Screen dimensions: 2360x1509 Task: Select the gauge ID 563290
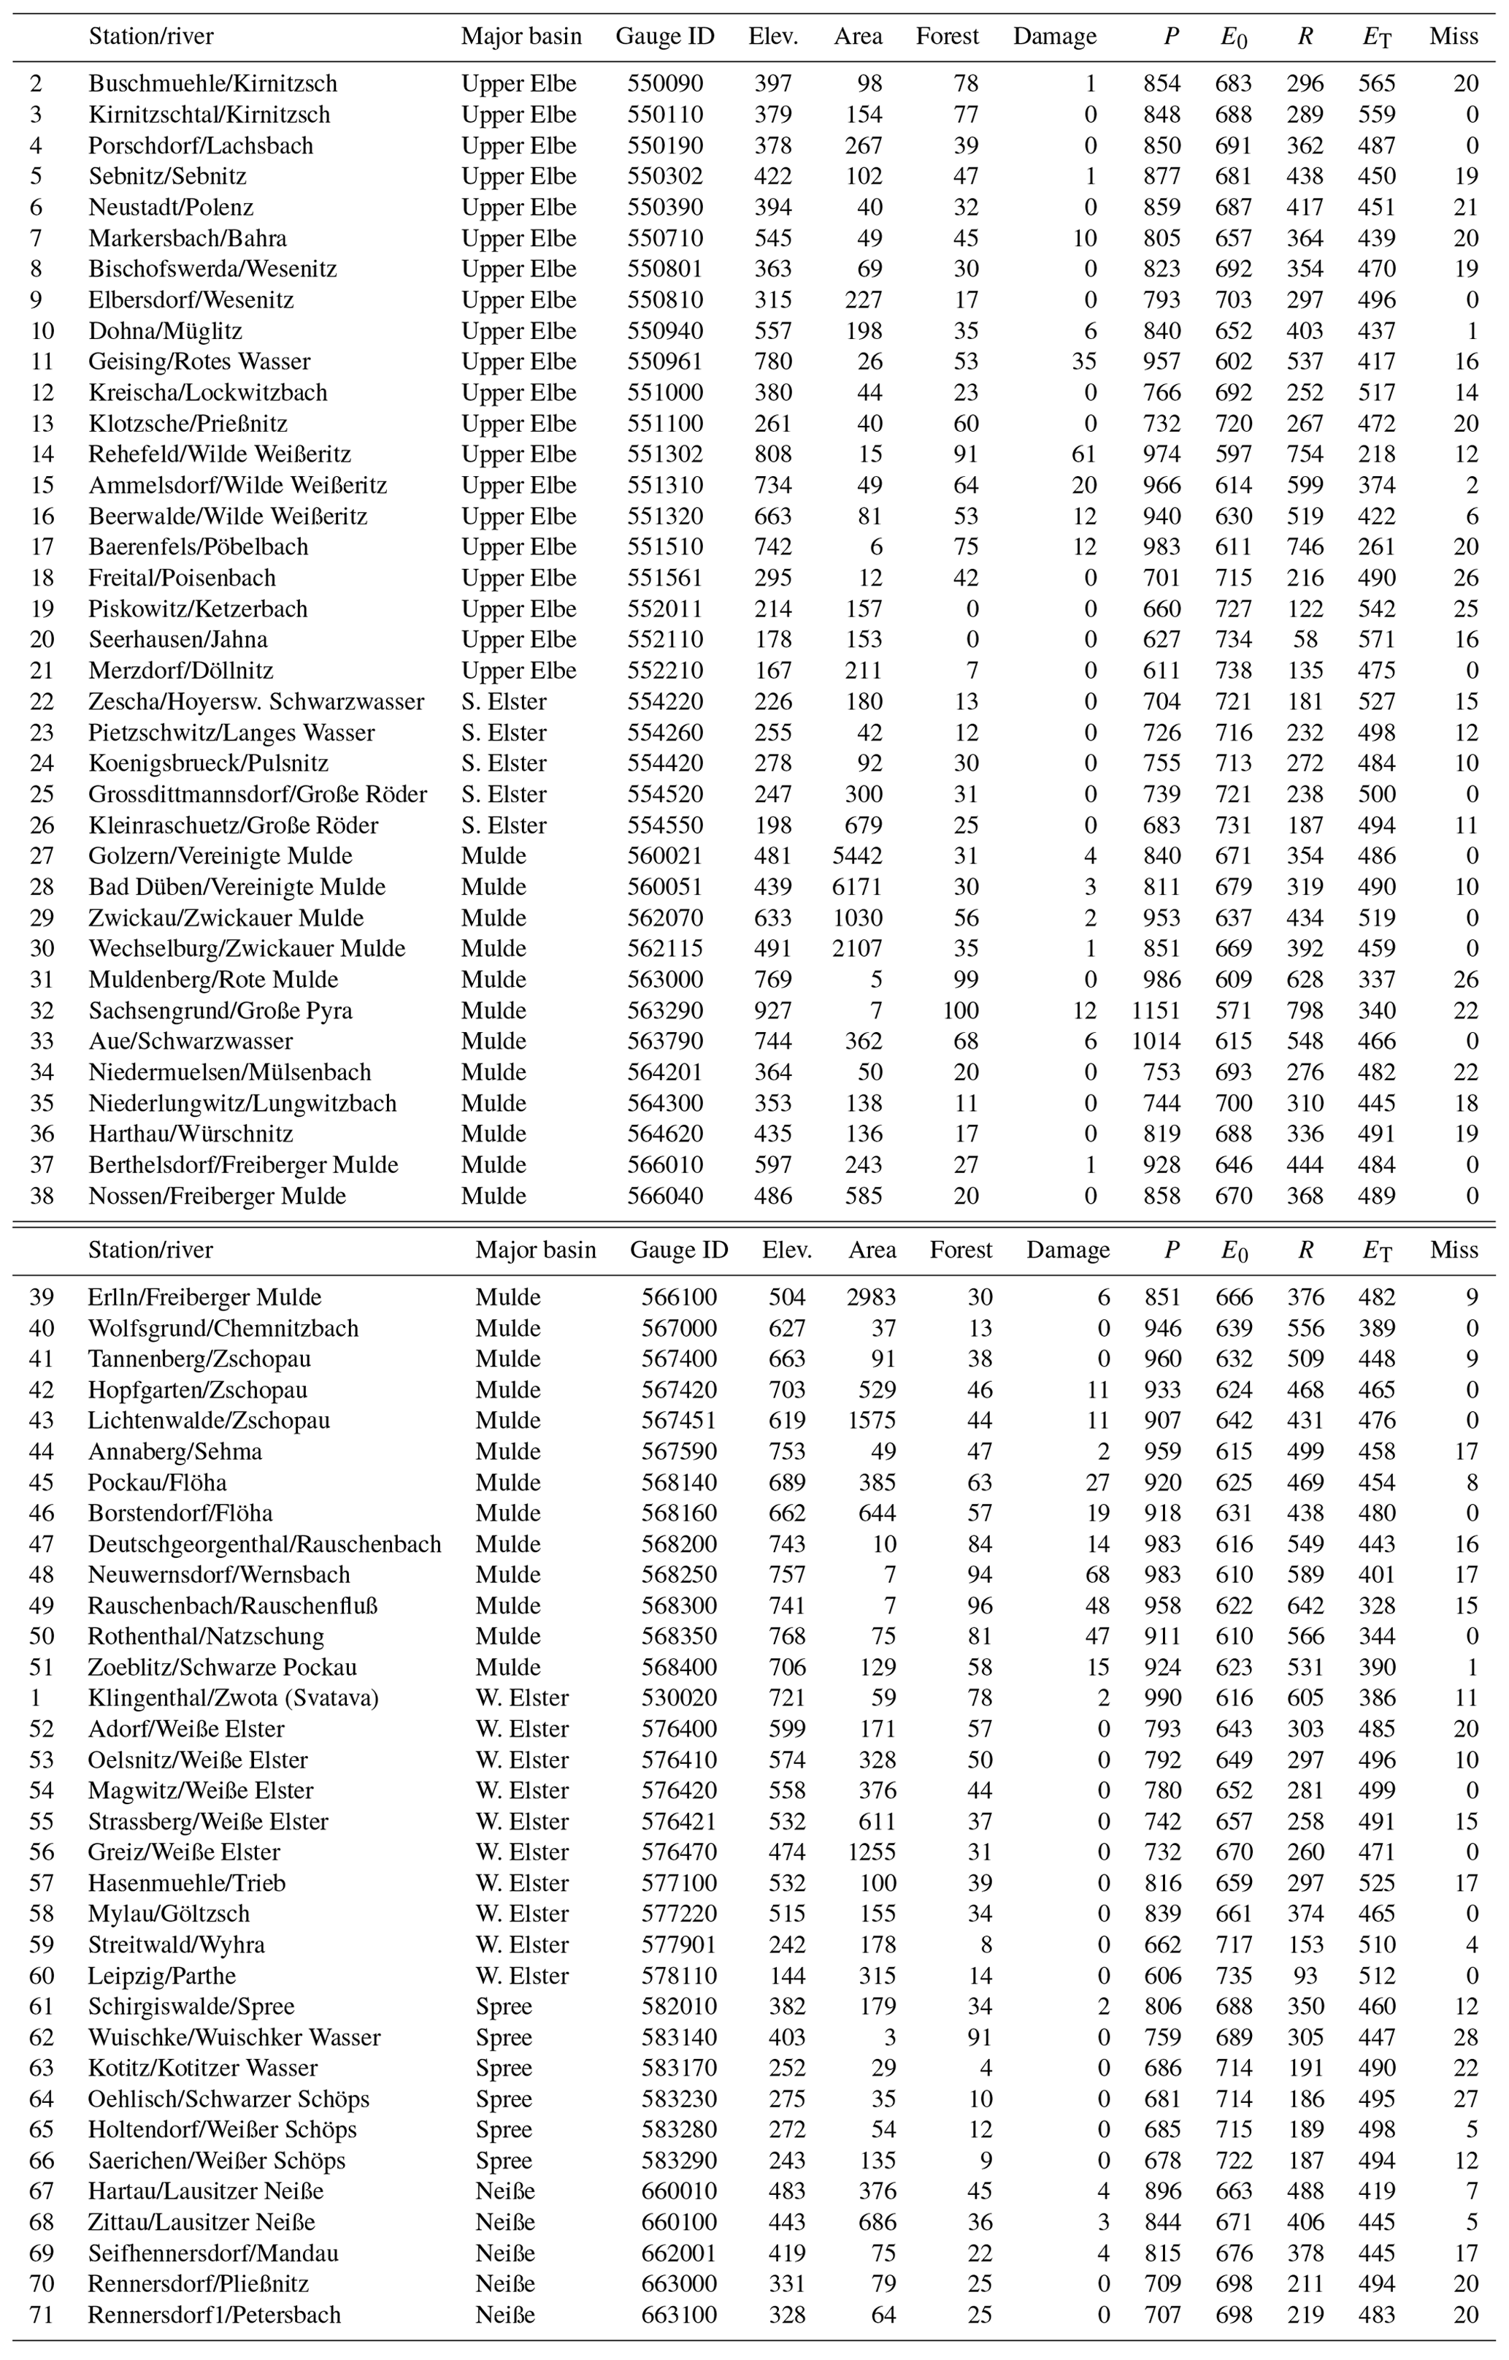665,1010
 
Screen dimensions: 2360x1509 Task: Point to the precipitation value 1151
1157,1010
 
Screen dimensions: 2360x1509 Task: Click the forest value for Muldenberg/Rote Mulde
966,979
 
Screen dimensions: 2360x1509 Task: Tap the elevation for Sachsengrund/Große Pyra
772,1010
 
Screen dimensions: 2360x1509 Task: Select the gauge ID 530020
679,1698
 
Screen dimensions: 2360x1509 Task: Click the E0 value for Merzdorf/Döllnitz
1234,671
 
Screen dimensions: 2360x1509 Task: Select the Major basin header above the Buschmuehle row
521,37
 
